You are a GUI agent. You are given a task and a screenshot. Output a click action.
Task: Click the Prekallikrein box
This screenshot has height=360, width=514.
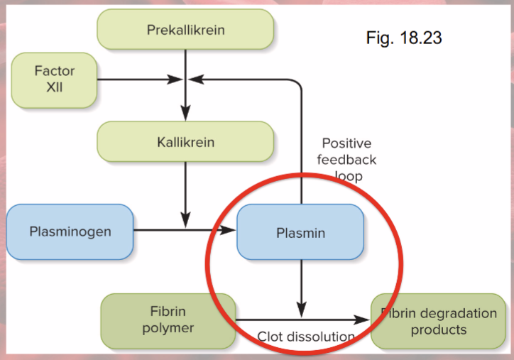[x=185, y=30]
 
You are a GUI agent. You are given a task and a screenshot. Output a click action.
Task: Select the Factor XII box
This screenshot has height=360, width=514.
[x=54, y=79]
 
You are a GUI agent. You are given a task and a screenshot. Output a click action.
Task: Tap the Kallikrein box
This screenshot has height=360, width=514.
[x=185, y=142]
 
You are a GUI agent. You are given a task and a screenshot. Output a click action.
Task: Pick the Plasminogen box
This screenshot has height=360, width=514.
[x=70, y=231]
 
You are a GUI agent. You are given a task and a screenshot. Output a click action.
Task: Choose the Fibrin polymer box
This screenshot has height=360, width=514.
[x=168, y=320]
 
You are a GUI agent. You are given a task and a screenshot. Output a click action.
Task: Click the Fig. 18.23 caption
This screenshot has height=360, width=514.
[x=403, y=38]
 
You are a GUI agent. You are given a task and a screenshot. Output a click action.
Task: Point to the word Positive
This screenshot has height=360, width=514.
[x=346, y=143]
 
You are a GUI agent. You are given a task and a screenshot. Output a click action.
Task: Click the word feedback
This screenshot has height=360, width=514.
[x=346, y=160]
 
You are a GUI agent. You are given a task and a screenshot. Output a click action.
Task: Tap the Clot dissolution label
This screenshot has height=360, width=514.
[x=305, y=337]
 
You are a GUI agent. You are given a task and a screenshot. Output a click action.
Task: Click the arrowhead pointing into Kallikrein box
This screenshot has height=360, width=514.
[x=185, y=114]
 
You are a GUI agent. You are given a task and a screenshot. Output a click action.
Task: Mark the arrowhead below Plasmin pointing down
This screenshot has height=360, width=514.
[x=301, y=312]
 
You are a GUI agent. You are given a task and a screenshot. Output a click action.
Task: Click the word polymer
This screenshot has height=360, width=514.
[x=168, y=328]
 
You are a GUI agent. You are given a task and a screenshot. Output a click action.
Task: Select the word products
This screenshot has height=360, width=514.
[x=438, y=329]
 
